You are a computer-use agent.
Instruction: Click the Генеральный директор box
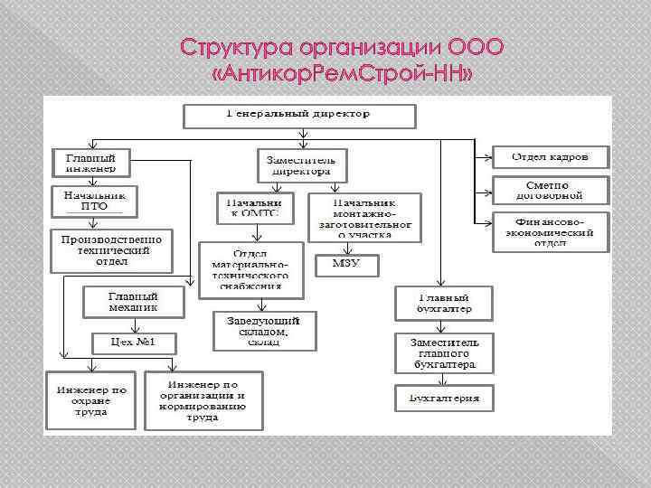(299, 116)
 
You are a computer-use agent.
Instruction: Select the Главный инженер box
(90, 163)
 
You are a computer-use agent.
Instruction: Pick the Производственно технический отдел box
(111, 249)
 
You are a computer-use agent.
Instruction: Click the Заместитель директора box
(297, 163)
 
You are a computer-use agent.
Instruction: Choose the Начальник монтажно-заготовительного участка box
(364, 218)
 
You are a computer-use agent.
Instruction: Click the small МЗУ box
(346, 265)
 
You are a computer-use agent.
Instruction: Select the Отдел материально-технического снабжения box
(250, 268)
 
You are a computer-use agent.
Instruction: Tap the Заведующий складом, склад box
(264, 331)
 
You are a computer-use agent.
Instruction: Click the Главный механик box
(133, 302)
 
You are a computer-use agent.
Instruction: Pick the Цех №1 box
(133, 343)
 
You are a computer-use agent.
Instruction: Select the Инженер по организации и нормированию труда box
(203, 399)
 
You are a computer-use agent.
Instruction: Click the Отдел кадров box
(550, 156)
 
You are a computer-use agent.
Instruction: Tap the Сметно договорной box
(550, 190)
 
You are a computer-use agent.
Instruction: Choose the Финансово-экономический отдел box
(550, 231)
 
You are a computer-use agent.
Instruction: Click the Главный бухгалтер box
(443, 302)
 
